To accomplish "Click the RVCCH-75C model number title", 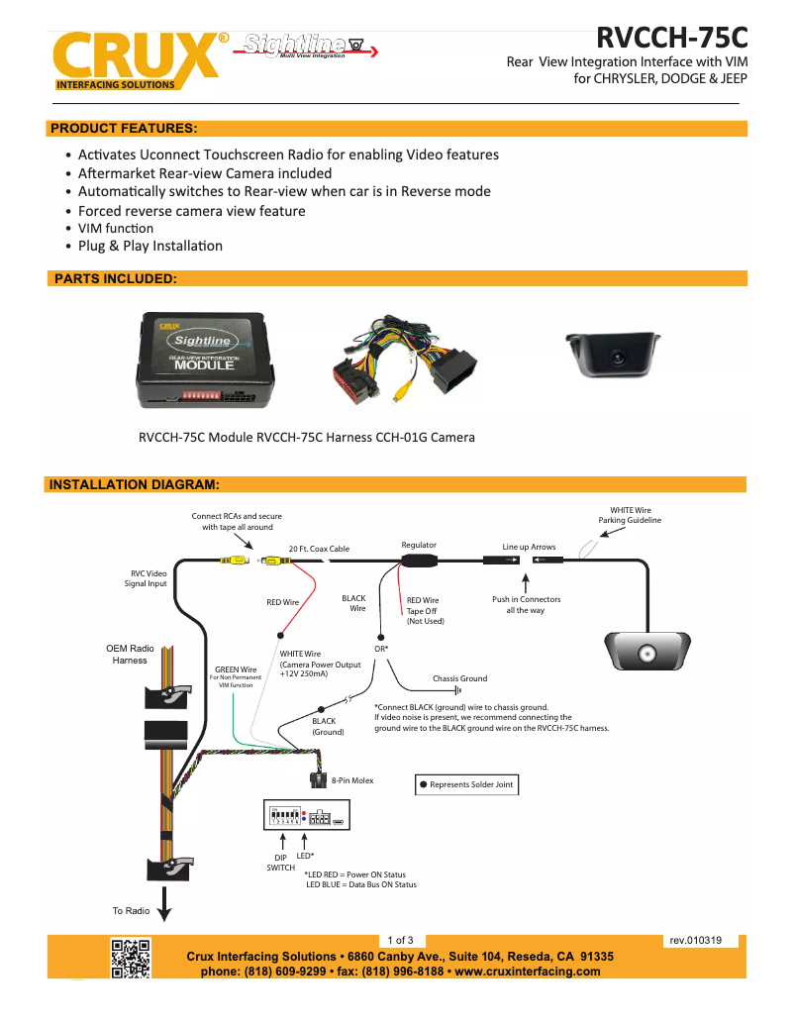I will pos(671,38).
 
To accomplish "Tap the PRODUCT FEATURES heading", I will pos(124,129).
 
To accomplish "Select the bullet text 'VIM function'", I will pos(116,229).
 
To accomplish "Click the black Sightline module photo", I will pos(206,359).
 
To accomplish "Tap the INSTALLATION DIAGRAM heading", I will pos(134,484).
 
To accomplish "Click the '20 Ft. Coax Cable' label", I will pos(319,549).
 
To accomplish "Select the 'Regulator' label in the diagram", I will pos(419,545).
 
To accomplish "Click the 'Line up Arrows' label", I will pos(529,547).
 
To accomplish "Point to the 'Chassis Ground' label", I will pos(459,678).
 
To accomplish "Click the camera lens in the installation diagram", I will pos(648,655).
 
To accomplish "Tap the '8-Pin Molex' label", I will pos(352,780).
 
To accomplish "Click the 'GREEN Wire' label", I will pos(236,668).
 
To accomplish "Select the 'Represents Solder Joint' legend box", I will pos(466,784).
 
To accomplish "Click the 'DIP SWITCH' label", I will pos(280,862).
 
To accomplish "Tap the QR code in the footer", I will pos(130,958).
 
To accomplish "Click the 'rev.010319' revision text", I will pos(695,940).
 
